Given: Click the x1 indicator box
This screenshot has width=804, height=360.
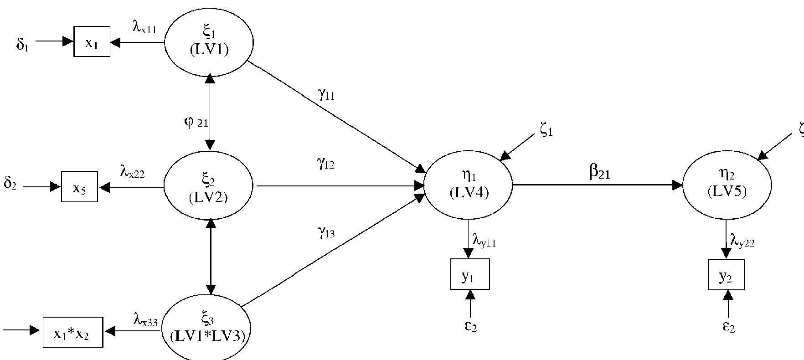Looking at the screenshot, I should point(92,42).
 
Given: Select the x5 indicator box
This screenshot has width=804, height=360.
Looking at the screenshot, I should point(79,187).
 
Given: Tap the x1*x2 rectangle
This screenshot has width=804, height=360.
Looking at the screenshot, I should point(72,332).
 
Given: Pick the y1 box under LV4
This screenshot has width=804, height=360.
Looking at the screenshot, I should point(470,274).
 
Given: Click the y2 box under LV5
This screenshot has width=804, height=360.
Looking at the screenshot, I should point(726,275).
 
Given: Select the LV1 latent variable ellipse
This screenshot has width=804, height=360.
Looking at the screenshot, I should point(209,42).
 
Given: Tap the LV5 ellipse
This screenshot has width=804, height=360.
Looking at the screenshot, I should point(727,185).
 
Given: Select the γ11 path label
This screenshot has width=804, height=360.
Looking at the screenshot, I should point(326,94).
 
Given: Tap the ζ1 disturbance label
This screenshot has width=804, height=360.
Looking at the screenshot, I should point(546,131).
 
